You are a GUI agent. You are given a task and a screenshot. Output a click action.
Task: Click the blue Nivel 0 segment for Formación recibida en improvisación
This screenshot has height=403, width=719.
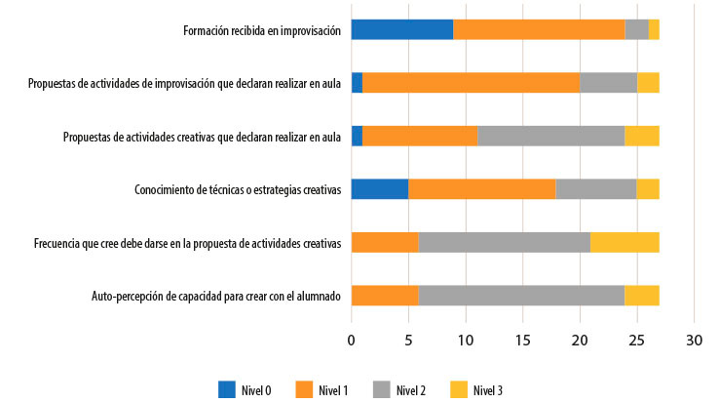(x=401, y=29)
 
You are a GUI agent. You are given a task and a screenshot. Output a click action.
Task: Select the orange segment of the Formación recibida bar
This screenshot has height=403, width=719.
(x=539, y=29)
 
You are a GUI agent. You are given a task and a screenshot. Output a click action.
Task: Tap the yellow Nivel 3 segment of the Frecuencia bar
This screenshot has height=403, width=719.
(x=624, y=242)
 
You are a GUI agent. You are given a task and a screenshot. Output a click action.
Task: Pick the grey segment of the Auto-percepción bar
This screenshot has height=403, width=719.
(x=521, y=295)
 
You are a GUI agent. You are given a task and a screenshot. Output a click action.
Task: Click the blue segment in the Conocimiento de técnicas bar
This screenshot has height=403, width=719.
(x=379, y=188)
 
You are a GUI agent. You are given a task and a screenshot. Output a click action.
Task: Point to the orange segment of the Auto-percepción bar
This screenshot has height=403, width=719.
(x=385, y=295)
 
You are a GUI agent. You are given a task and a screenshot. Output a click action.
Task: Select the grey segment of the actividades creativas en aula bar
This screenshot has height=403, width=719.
(x=550, y=136)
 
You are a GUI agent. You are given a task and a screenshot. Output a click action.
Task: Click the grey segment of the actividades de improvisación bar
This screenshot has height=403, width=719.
(x=609, y=83)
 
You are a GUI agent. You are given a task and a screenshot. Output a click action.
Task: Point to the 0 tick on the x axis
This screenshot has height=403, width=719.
(x=352, y=341)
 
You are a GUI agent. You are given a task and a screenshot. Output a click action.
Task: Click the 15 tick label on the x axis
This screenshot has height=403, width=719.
(x=522, y=341)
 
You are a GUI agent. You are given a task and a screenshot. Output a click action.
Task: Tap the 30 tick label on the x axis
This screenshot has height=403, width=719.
(x=694, y=341)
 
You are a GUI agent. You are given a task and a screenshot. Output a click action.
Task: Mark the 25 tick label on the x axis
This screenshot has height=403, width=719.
(x=637, y=341)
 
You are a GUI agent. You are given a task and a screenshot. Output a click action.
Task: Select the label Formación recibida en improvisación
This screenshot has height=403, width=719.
(x=262, y=30)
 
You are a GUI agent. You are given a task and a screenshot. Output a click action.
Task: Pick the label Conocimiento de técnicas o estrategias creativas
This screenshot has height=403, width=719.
(x=237, y=189)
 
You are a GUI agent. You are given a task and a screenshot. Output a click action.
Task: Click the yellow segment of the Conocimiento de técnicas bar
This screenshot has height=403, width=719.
(x=648, y=188)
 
